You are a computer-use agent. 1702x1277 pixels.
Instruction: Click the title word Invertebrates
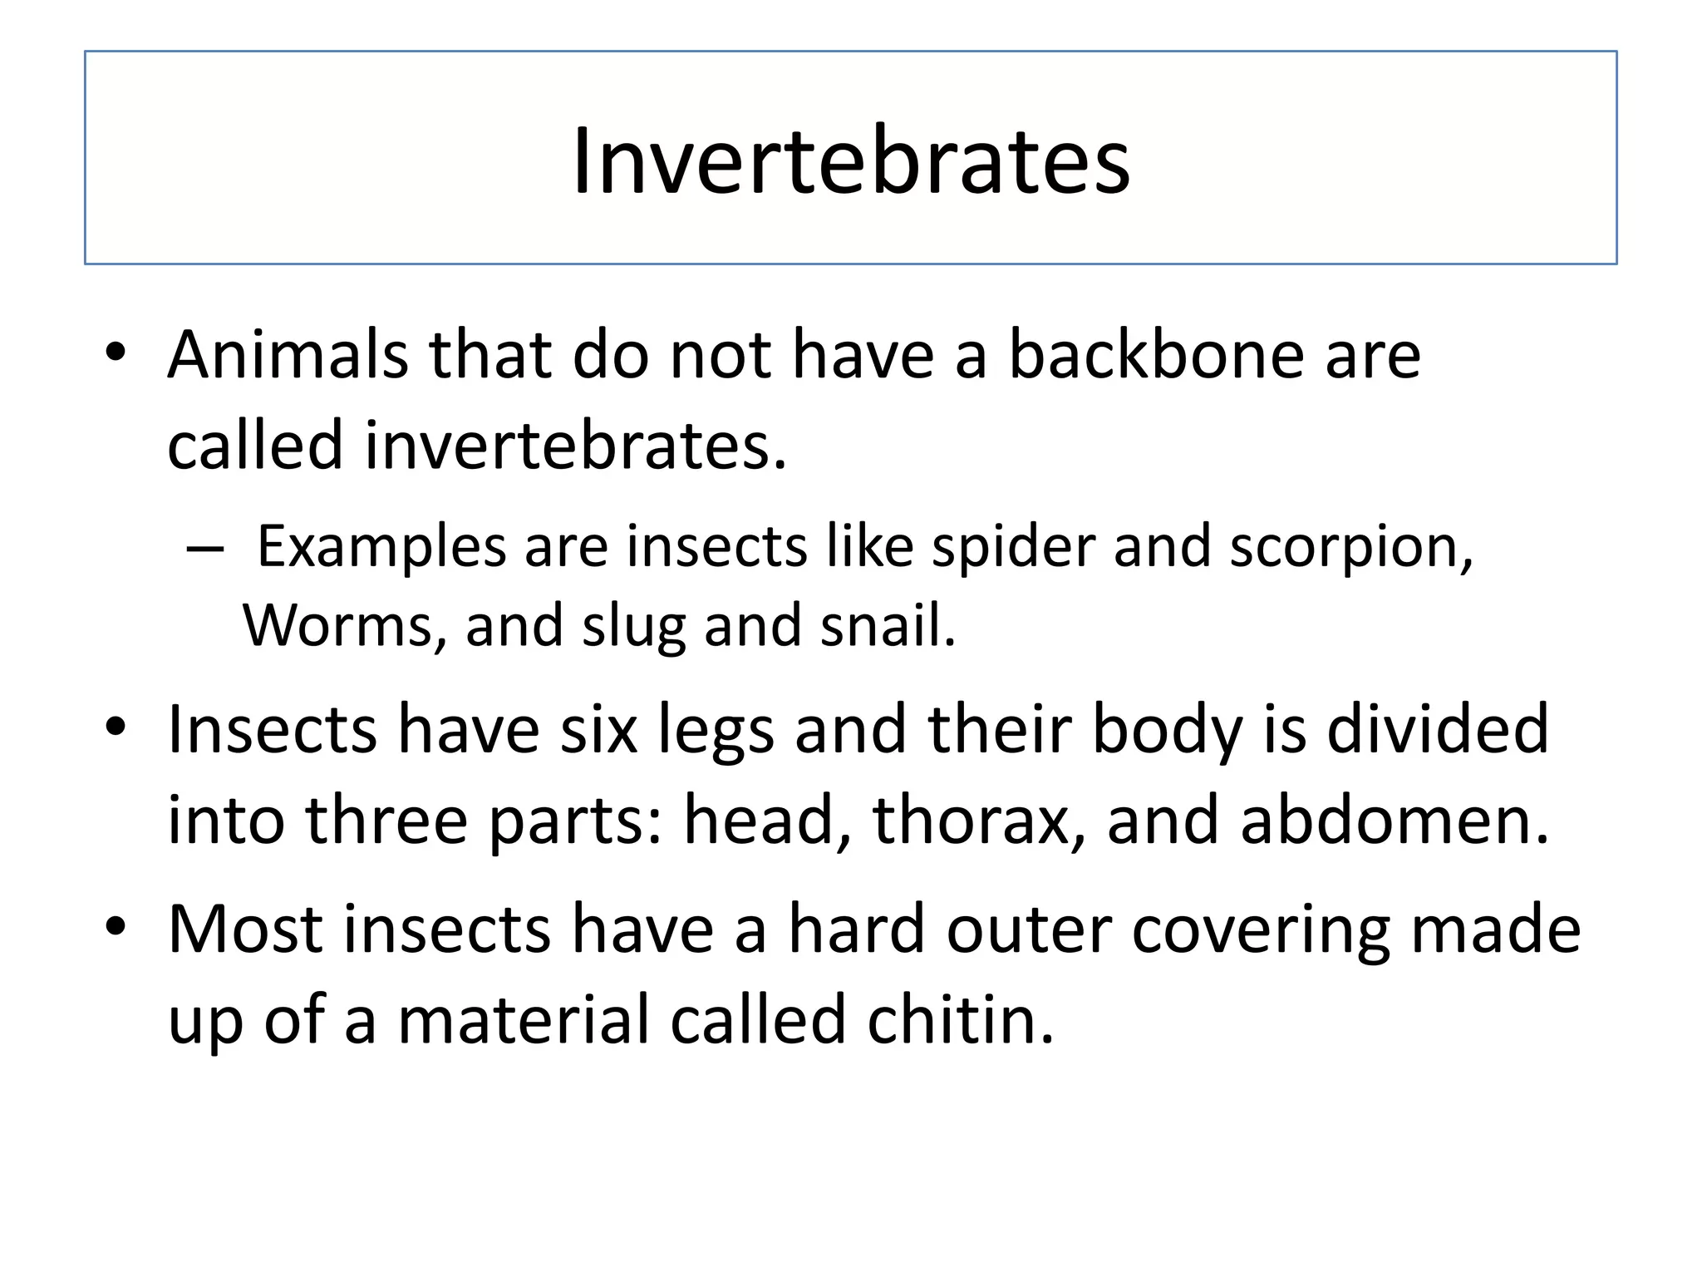(x=851, y=160)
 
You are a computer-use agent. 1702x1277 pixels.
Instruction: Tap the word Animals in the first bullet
(x=288, y=355)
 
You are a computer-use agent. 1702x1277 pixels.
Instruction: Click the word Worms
(x=344, y=625)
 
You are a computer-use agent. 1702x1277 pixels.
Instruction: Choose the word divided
(x=1437, y=729)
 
